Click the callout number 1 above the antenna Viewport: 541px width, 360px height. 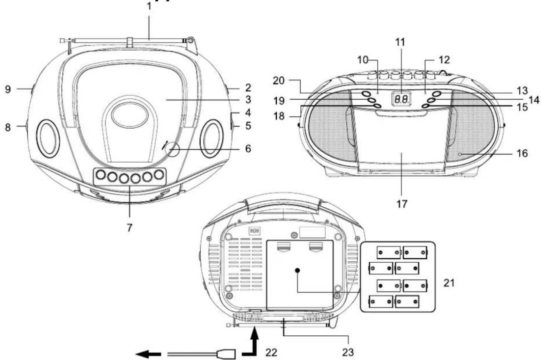click(x=149, y=6)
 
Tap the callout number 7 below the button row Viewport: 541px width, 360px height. click(x=130, y=228)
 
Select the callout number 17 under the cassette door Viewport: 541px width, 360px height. click(x=402, y=204)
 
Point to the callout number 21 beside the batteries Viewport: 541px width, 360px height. click(x=449, y=283)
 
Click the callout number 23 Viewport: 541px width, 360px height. click(x=348, y=353)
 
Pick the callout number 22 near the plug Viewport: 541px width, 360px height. click(x=271, y=353)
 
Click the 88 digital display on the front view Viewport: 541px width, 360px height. click(x=402, y=99)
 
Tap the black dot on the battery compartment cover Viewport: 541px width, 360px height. click(x=297, y=270)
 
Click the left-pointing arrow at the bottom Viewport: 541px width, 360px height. click(x=148, y=354)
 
